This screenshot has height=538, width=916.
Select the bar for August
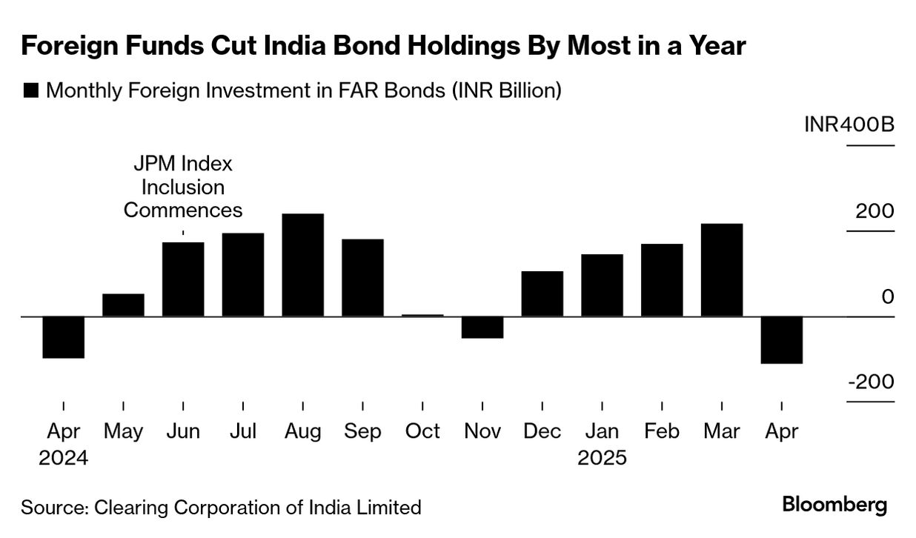(302, 265)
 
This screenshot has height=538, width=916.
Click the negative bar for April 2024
(63, 337)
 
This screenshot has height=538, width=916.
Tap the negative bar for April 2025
(781, 340)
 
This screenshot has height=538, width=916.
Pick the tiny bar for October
(422, 315)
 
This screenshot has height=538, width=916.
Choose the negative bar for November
(482, 327)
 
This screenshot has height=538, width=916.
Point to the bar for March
(722, 270)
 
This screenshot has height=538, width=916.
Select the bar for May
(123, 305)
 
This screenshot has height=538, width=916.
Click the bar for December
(542, 293)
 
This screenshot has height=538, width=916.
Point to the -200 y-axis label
(871, 382)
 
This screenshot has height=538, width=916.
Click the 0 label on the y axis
(888, 296)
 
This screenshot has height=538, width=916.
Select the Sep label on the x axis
(362, 431)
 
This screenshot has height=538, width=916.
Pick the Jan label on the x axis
(602, 431)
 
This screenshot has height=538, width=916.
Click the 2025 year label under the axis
(602, 457)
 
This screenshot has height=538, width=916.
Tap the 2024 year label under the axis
(63, 457)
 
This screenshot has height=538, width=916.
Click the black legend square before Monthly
(31, 90)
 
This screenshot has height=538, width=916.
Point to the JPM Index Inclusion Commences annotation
(183, 187)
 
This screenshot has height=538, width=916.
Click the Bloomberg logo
(834, 505)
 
